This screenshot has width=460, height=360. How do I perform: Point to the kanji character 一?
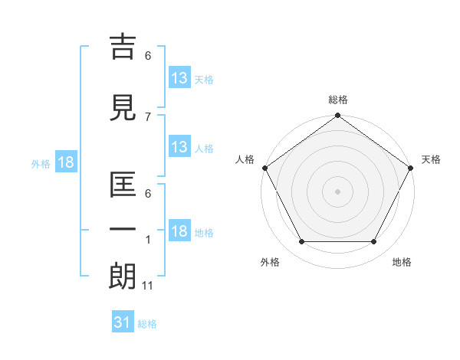[x=123, y=230]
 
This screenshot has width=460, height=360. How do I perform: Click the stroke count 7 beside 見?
[x=148, y=116]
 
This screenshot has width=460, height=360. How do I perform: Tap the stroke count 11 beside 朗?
[x=149, y=286]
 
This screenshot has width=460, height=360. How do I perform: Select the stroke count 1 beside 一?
[x=148, y=240]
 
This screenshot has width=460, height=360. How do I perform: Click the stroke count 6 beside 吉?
[x=148, y=55]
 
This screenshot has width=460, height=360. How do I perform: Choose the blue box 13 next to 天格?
[x=179, y=77]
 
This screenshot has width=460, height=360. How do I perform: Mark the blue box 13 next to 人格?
[x=179, y=146]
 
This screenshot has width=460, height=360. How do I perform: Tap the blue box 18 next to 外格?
[x=65, y=162]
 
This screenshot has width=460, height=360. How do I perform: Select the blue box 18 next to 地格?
[x=179, y=231]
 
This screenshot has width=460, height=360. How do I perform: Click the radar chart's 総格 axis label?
[x=338, y=100]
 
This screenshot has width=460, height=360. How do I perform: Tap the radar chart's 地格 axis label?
[x=402, y=263]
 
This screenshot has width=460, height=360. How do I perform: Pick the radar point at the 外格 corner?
[x=301, y=242]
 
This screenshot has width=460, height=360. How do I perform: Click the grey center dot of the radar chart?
[x=337, y=191]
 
